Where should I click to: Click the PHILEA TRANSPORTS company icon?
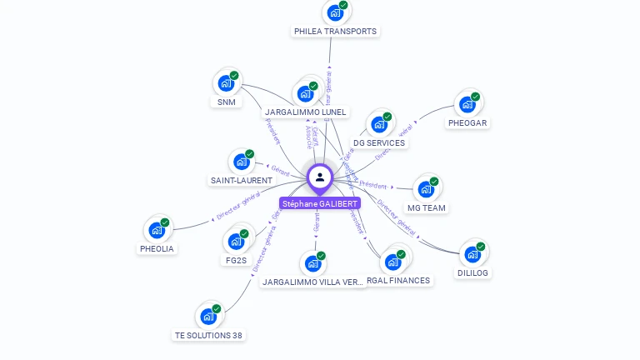(335, 13)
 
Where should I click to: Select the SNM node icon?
(225, 82)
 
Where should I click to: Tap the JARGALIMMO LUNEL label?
(306, 112)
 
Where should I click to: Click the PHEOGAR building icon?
(467, 104)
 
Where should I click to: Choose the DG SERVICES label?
(379, 142)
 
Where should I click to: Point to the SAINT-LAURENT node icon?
(241, 162)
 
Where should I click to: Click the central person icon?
(320, 177)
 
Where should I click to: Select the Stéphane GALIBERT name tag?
(320, 203)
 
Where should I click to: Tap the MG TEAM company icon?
(426, 189)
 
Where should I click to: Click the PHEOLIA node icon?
(157, 230)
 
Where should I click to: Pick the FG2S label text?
(236, 260)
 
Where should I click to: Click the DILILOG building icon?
(472, 254)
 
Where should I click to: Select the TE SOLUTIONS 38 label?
(208, 335)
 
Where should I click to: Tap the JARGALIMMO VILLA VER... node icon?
(313, 264)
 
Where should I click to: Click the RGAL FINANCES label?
(399, 281)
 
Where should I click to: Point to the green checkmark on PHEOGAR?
(475, 97)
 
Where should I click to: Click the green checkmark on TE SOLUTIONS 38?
(217, 309)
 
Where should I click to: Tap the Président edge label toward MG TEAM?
(372, 184)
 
